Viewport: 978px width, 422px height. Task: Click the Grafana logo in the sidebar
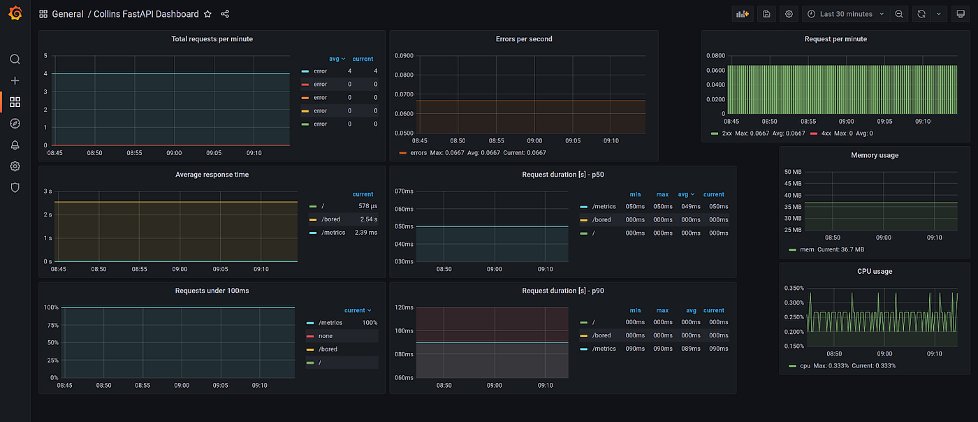15,13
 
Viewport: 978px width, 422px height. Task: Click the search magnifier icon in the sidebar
15,59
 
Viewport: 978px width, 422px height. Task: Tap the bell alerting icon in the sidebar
15,145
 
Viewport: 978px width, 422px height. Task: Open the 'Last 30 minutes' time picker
846,14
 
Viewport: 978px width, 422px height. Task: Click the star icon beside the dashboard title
207,14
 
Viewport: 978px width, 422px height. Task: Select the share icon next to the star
225,14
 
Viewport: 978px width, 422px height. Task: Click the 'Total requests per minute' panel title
212,39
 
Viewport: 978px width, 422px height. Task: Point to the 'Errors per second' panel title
524,39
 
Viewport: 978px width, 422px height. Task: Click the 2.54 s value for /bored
368,219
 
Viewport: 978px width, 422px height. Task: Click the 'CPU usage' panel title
875,271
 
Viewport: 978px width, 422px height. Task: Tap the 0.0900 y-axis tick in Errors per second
404,56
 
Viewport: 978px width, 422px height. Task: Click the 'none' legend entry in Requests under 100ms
325,336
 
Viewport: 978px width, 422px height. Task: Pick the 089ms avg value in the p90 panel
690,349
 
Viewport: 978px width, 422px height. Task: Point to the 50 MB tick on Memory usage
793,172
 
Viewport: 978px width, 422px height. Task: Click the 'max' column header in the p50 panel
662,194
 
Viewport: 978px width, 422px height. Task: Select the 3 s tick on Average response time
48,191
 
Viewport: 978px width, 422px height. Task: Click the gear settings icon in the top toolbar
789,14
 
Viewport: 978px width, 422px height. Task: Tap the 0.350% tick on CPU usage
793,288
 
